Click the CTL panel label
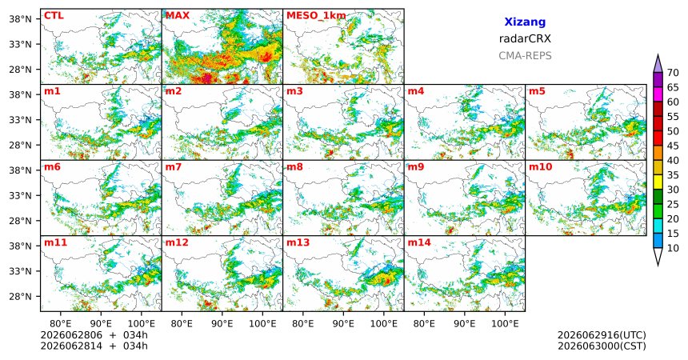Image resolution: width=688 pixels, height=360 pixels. point(54,16)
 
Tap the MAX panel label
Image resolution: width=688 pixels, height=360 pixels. point(178,16)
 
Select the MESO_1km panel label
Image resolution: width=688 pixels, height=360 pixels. point(316,16)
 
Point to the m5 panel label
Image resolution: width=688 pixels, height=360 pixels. point(537,91)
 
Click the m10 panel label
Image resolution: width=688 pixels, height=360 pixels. point(540,167)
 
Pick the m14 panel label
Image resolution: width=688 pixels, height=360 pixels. point(419,242)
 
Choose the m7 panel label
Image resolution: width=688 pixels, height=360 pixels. point(174,167)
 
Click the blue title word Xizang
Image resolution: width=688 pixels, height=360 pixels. point(525,22)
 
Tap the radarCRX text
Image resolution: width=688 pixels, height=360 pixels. point(525,38)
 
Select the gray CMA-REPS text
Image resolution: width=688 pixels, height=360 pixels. point(525,56)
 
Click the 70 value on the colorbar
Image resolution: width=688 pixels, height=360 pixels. point(673,73)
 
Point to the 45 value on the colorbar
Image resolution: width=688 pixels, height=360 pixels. point(673,146)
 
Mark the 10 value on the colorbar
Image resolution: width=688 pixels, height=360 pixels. point(673,249)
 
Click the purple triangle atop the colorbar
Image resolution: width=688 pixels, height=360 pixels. point(658,64)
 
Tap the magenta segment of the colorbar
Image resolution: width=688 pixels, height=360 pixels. point(658,94)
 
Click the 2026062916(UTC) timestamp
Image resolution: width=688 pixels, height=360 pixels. point(602,335)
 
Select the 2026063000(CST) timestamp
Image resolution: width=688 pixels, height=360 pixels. point(602,346)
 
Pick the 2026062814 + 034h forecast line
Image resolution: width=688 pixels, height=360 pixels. point(94,346)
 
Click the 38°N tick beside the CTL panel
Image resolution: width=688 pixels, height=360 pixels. point(20,19)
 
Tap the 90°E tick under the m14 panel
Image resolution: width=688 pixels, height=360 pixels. point(465,324)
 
